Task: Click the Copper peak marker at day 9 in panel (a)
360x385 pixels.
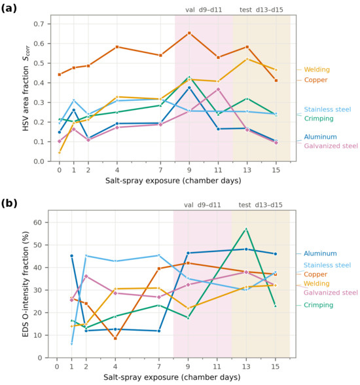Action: click(x=189, y=33)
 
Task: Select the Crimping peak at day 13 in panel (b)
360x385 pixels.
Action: click(x=246, y=229)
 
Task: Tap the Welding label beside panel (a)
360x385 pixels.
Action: click(x=317, y=69)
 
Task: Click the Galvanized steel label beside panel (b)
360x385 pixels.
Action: click(x=331, y=293)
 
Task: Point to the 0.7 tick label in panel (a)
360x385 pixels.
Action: click(x=39, y=24)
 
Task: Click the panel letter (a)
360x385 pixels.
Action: click(x=9, y=9)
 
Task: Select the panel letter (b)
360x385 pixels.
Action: click(x=9, y=203)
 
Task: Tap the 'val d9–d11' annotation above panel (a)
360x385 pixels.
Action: click(x=204, y=10)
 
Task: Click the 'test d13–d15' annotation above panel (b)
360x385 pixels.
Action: click(x=261, y=205)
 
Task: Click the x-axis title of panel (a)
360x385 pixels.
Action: click(x=173, y=181)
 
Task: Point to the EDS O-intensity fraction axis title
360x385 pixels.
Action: click(x=26, y=284)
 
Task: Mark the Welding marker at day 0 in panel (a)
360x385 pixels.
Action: click(x=60, y=153)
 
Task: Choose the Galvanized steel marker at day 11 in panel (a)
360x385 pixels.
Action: click(x=218, y=89)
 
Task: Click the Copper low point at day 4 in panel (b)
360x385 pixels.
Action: click(x=115, y=339)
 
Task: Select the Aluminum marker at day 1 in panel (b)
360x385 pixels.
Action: click(x=71, y=256)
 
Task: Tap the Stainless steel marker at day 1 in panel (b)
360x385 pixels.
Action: click(x=71, y=344)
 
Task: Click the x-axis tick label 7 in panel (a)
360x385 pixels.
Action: click(x=160, y=170)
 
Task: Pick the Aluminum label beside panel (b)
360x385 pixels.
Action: click(x=320, y=253)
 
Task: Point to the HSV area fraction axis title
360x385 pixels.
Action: click(x=26, y=88)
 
